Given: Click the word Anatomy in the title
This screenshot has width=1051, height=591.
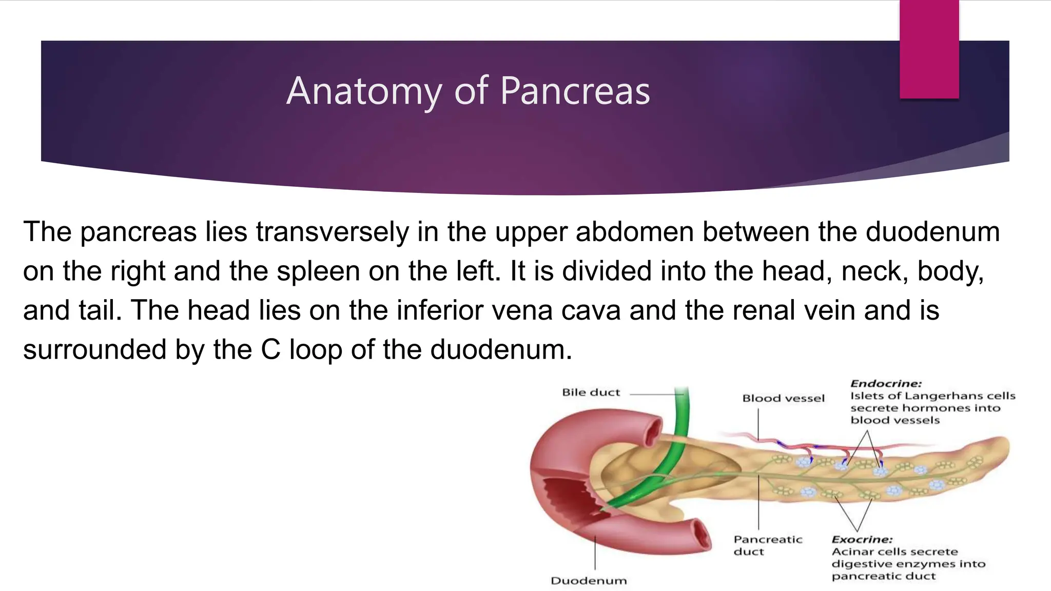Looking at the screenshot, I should tap(364, 91).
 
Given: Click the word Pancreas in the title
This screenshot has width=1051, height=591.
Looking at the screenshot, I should tap(575, 91).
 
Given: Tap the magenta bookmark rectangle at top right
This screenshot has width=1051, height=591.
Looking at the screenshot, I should tap(929, 49).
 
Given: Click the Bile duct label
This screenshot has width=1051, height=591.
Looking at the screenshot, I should tap(591, 392).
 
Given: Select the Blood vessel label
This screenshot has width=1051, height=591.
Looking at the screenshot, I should tap(783, 398).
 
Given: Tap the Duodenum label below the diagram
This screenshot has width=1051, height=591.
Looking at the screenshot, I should tap(589, 581).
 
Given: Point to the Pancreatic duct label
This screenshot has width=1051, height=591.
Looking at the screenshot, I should tap(767, 545).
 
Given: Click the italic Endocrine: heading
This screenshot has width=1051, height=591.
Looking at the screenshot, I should tap(886, 384).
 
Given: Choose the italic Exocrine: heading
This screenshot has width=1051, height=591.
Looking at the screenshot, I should tap(862, 540).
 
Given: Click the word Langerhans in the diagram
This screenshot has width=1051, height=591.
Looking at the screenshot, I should tap(935, 396).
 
